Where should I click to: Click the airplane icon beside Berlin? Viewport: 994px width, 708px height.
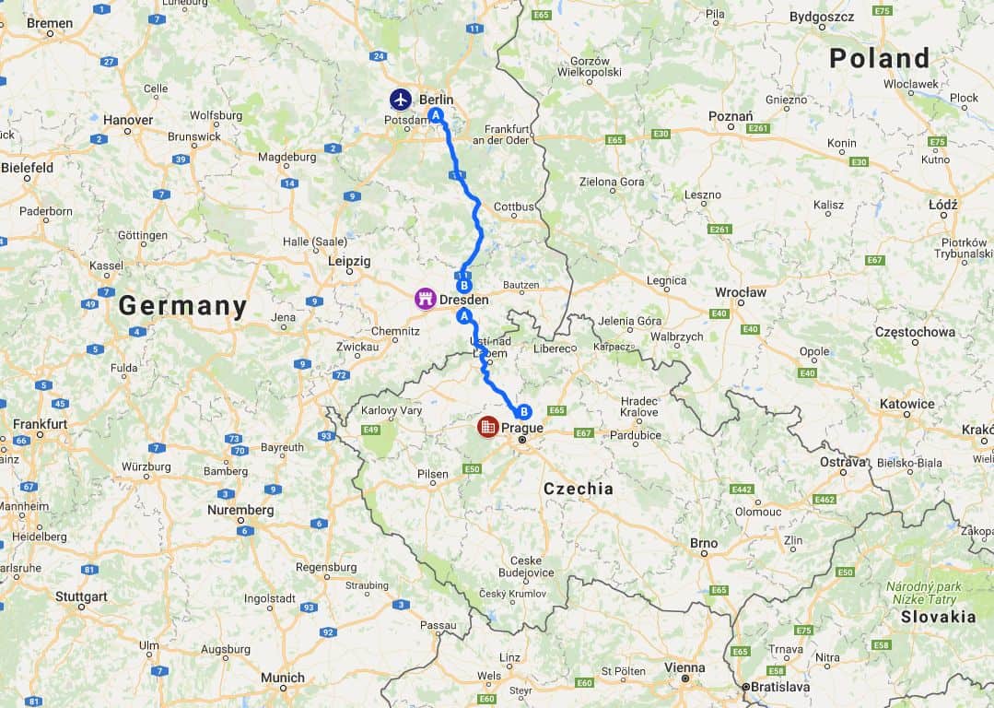coord(401,99)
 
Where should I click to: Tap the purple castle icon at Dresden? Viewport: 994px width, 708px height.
coord(425,299)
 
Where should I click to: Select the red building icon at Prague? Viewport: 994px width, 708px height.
coord(487,427)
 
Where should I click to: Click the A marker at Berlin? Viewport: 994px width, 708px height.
coord(436,115)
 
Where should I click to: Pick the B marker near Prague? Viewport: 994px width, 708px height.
coord(523,412)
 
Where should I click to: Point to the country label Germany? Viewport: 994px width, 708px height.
coord(182,306)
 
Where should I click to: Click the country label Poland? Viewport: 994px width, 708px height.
coord(879,58)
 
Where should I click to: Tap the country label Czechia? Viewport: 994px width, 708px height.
coord(578,489)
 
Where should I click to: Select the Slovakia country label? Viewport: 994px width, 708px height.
coord(938,617)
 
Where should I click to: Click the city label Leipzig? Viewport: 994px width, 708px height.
coord(349,262)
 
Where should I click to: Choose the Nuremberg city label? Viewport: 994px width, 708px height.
coord(240,510)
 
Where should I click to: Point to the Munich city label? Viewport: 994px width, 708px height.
coord(282,678)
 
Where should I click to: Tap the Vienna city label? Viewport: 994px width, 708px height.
coord(684,667)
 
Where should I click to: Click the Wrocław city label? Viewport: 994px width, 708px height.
coord(741,292)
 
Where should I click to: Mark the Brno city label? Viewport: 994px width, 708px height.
coord(704,543)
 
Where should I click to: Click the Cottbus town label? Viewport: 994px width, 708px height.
coord(514,206)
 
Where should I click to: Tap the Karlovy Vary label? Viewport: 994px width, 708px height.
coord(392,410)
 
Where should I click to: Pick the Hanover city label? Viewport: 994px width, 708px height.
coord(128,120)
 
